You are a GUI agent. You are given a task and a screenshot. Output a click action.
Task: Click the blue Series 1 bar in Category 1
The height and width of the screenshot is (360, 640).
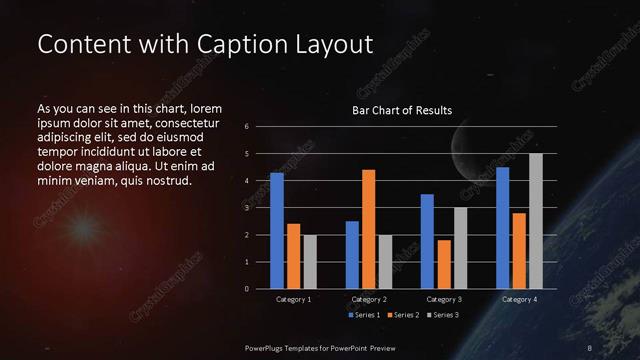(x=277, y=231)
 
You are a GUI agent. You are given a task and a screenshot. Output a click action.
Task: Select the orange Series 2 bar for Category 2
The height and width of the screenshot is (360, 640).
(x=368, y=229)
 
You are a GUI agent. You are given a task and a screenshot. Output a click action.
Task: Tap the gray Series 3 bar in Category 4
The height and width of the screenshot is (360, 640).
(x=536, y=221)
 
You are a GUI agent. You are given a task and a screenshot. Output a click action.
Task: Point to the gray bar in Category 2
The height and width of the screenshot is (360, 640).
(x=385, y=261)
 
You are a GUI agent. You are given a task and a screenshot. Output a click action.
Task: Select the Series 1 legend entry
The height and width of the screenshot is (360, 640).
(x=363, y=316)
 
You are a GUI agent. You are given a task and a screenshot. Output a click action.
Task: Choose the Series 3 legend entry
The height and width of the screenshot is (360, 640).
(x=443, y=316)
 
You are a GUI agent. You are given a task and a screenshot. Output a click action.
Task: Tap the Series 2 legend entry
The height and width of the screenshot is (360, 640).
(x=403, y=316)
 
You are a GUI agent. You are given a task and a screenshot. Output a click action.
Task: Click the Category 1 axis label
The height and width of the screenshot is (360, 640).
(x=293, y=300)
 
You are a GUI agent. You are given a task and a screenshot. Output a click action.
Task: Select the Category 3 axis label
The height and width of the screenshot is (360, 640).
(x=444, y=300)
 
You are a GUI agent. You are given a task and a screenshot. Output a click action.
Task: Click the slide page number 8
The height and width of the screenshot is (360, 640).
(x=590, y=347)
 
